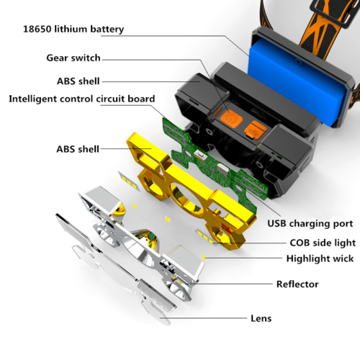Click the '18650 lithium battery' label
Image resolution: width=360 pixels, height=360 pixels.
73,30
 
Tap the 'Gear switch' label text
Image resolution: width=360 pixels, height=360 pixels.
73,58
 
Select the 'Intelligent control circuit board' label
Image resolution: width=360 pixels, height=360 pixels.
82,99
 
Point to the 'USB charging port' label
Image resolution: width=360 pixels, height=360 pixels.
310,224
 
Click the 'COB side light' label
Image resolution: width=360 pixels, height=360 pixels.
323,243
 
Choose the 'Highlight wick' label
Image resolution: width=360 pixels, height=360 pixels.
320,258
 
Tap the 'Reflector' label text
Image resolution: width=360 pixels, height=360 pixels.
297,284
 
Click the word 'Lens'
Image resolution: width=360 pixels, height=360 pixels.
261,318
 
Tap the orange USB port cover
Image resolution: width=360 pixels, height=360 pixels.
256,130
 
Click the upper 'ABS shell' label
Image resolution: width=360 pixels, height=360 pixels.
78,81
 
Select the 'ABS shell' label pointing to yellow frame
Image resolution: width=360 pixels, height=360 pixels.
78,149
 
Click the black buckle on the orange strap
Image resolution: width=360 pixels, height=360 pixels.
333,12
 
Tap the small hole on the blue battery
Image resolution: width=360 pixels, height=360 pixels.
299,62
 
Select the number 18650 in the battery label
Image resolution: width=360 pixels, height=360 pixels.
37,30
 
